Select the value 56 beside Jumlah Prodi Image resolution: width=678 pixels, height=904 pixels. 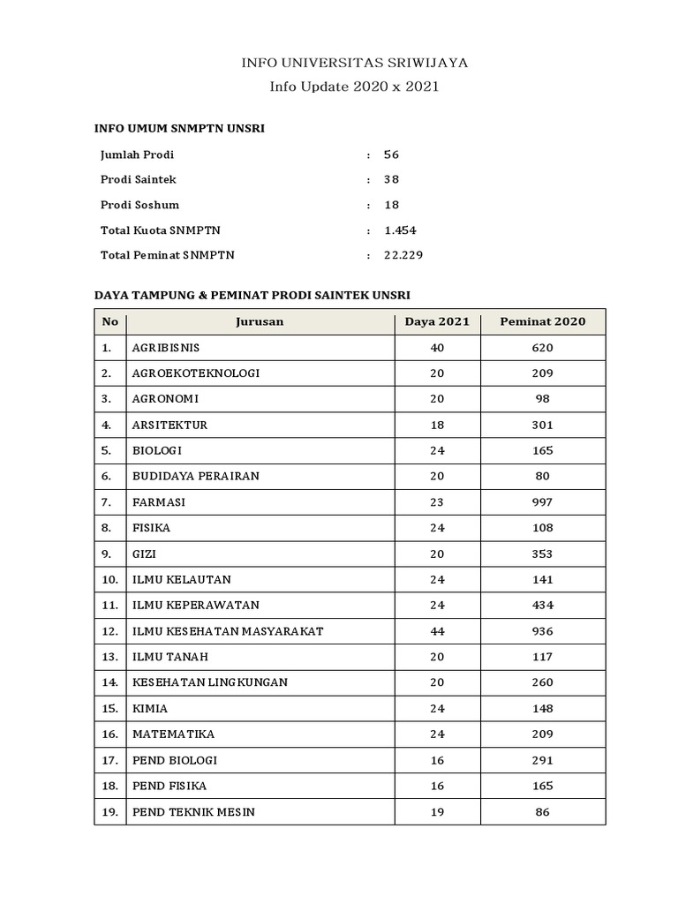point(391,154)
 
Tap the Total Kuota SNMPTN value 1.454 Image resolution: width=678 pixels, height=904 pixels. point(400,230)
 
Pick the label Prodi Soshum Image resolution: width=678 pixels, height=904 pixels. point(139,205)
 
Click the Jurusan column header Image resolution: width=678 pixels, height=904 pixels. point(260,321)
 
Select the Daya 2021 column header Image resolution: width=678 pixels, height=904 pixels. point(437,321)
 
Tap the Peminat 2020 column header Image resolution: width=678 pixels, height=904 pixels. point(542,321)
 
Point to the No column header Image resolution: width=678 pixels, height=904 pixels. point(109,321)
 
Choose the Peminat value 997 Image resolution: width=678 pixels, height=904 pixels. point(542,502)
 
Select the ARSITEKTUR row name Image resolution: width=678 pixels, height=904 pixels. point(169,425)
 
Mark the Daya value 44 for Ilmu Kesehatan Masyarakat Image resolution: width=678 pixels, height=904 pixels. point(437,631)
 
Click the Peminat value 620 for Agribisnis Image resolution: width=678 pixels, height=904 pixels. point(542,348)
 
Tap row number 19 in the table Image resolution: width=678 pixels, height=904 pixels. point(109,812)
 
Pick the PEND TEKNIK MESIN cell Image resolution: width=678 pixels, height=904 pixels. point(193,812)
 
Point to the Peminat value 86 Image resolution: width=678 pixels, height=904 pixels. point(542,812)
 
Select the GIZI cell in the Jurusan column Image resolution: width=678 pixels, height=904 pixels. point(144,554)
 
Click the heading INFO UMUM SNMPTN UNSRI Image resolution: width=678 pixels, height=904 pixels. point(179,129)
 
